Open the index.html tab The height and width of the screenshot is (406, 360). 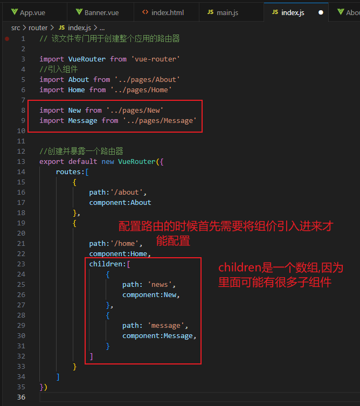pos(167,12)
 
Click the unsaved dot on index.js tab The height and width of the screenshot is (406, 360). pos(321,12)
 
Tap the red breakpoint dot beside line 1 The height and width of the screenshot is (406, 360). pos(7,39)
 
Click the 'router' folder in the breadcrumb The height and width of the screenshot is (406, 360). pos(38,27)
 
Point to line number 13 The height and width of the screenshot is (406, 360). pos(22,162)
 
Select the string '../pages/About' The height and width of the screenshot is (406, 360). pos(147,80)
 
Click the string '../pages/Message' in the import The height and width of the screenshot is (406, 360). pos(160,121)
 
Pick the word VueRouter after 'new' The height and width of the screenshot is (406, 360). pos(134,162)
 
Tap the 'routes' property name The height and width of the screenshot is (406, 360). pos(68,172)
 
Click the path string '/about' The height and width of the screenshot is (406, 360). pos(128,192)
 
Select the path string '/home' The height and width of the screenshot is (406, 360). pos(126,244)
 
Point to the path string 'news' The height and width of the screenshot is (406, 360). pos(161,285)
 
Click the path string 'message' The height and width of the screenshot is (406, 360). pos(168,326)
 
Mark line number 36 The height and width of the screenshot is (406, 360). pos(22,397)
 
